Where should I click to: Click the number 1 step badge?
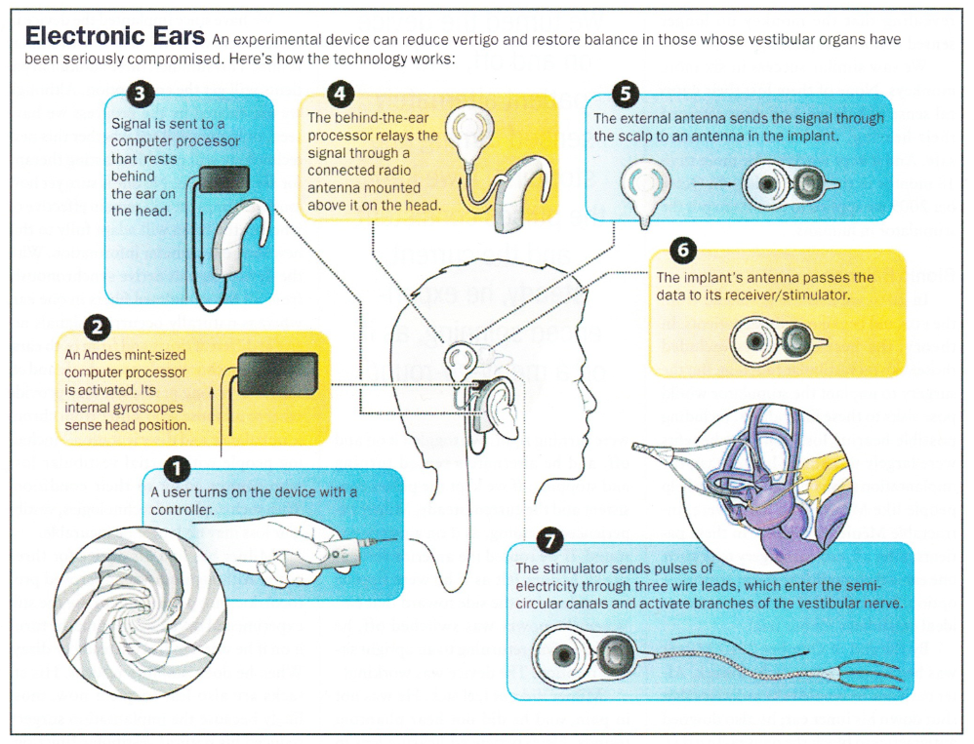pos(176,469)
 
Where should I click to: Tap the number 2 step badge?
pos(100,327)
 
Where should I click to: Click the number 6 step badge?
pos(683,250)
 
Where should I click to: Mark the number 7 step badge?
pos(550,539)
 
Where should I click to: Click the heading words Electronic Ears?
pos(114,37)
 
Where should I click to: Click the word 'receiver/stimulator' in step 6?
pos(789,294)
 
